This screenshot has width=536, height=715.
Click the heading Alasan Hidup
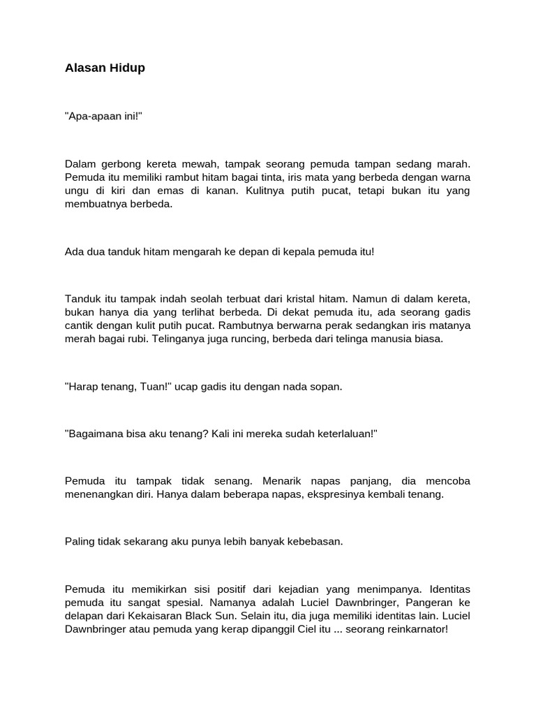(x=105, y=68)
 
